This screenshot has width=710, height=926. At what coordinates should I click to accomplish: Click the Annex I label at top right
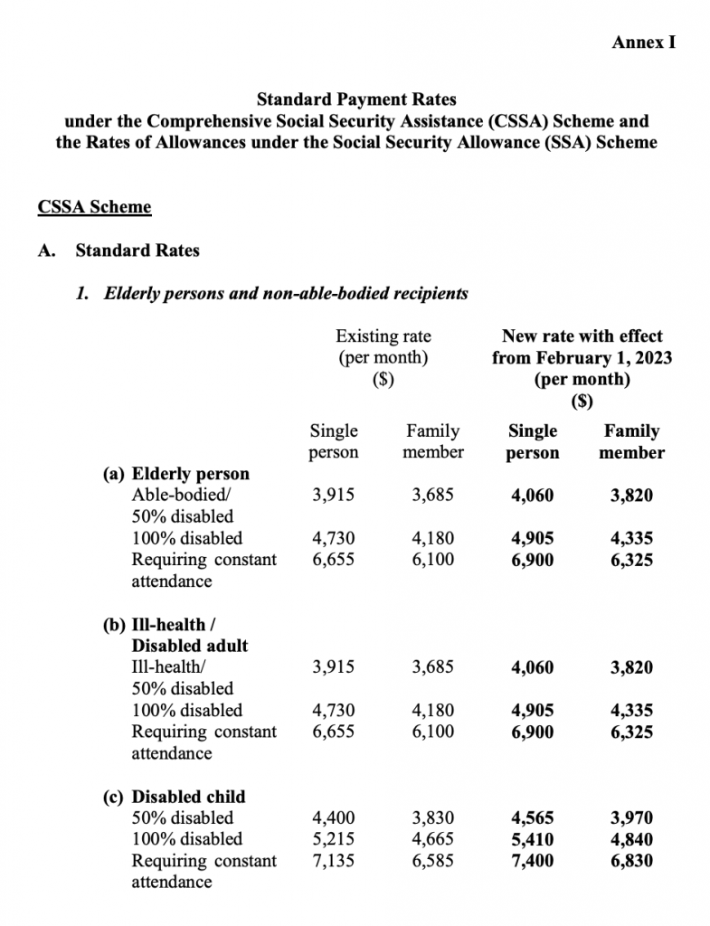pyautogui.click(x=644, y=43)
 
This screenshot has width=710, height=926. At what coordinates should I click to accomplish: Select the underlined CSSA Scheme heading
pyautogui.click(x=94, y=207)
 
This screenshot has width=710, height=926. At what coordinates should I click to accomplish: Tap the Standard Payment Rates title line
pyautogui.click(x=356, y=98)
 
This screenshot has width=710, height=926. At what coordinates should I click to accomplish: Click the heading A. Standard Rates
pyautogui.click(x=118, y=250)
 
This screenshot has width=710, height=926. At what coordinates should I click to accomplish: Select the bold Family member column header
pyautogui.click(x=631, y=442)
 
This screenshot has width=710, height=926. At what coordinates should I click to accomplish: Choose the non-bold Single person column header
pyautogui.click(x=334, y=441)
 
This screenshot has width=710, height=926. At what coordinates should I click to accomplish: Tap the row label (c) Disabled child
pyautogui.click(x=176, y=797)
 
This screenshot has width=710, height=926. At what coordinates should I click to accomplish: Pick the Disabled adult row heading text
pyautogui.click(x=190, y=646)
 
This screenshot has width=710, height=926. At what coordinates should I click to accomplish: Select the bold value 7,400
pyautogui.click(x=533, y=861)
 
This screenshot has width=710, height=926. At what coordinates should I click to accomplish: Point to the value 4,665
pyautogui.click(x=432, y=839)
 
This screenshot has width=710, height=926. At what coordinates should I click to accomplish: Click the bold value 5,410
pyautogui.click(x=533, y=839)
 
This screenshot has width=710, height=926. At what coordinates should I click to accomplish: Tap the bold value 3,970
pyautogui.click(x=631, y=818)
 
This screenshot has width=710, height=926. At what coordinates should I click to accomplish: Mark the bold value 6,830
pyautogui.click(x=631, y=861)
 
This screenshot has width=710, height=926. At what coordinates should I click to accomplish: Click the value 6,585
pyautogui.click(x=432, y=861)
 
